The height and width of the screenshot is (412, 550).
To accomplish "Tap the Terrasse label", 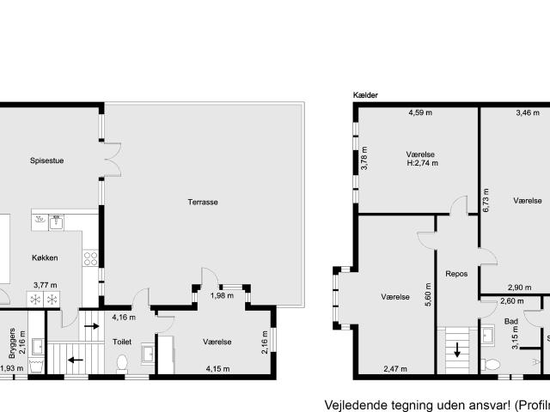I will coord(203,202).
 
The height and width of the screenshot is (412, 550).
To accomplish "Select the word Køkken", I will coord(45,257).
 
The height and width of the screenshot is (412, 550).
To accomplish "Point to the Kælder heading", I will coord(365,95).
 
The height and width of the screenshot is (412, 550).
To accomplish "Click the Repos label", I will coord(455,275).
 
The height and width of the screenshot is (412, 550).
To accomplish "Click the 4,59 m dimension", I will coord(419,112).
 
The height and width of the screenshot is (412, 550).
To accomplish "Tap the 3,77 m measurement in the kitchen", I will coord(45,286).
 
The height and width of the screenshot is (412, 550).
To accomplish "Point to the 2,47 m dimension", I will coord(394,369).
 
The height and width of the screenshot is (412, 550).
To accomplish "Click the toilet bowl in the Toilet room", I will coord(121,362).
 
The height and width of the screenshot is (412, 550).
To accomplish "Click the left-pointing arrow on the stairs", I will coord(76,360).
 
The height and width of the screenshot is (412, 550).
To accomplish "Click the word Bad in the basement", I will coord(510,322).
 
